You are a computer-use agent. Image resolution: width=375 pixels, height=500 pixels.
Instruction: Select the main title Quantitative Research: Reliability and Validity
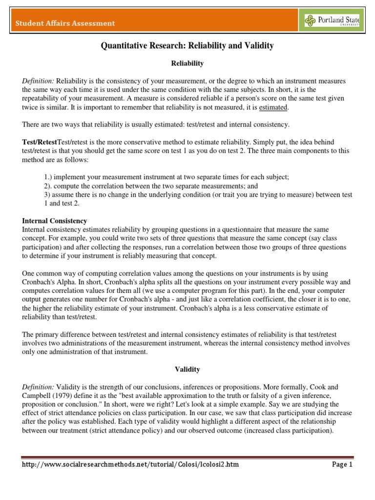(x=187, y=46)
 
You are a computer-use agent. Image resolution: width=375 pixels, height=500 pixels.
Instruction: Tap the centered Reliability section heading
(x=187, y=63)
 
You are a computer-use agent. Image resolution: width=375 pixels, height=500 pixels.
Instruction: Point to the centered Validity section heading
(x=187, y=370)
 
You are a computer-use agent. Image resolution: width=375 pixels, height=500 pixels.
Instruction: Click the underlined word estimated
(x=273, y=107)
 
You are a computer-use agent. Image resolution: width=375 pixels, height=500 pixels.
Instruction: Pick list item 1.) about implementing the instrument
(x=163, y=177)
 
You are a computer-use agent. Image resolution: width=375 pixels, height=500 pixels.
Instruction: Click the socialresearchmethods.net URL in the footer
(x=130, y=464)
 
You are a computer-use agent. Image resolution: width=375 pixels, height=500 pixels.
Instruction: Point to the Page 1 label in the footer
(x=342, y=464)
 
